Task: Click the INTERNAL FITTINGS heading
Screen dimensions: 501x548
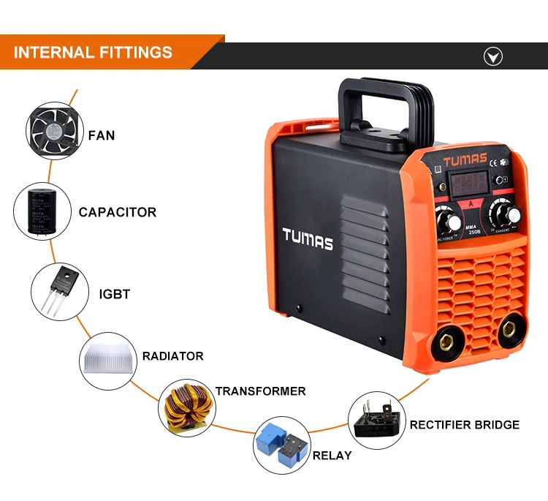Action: tap(93, 53)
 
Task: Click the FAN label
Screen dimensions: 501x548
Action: tap(102, 135)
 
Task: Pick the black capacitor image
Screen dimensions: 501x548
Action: tap(42, 211)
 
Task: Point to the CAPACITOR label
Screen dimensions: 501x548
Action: tap(118, 213)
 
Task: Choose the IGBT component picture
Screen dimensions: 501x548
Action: tap(59, 290)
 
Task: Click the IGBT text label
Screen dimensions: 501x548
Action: tap(114, 294)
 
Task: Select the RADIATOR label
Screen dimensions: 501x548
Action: tap(173, 356)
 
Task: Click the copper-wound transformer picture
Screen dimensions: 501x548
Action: tap(186, 404)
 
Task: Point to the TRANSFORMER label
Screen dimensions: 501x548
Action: tap(260, 391)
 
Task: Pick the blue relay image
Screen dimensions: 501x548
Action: tap(281, 445)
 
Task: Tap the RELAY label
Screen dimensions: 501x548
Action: tap(332, 456)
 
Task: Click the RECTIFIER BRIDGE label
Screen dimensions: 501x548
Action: tap(464, 425)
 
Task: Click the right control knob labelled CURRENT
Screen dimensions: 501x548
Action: tap(503, 214)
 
